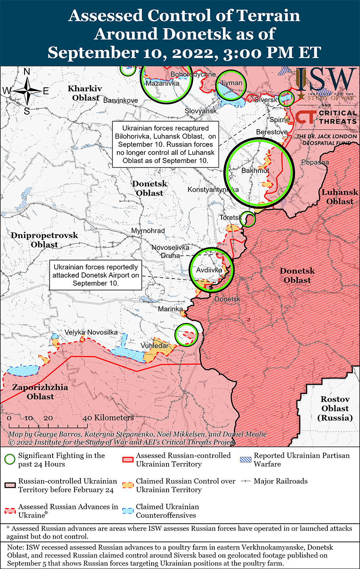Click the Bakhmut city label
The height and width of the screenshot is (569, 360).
point(255,171)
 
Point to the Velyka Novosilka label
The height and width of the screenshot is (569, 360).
point(91,332)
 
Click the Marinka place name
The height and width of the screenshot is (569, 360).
point(170,309)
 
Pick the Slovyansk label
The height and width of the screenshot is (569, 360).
point(201,110)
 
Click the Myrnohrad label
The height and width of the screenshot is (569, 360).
point(148,231)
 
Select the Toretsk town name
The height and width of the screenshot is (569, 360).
point(230,218)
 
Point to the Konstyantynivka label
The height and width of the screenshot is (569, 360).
point(213,190)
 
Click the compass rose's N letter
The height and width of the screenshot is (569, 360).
point(27,72)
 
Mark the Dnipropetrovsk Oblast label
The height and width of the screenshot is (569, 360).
point(39,240)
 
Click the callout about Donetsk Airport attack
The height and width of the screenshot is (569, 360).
point(95,275)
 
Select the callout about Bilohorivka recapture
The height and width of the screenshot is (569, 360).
point(166,144)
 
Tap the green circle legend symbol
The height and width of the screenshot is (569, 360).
point(10,459)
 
